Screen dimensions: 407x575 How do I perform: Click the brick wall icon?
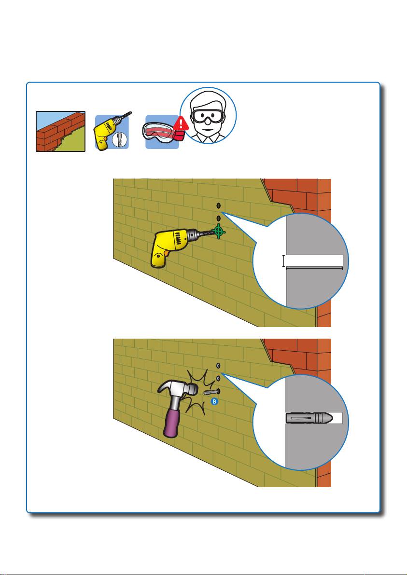(x=60, y=131)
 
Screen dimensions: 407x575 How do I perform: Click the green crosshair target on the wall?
(x=218, y=231)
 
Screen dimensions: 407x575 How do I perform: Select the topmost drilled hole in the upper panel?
(x=218, y=206)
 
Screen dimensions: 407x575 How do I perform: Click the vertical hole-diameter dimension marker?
(x=283, y=261)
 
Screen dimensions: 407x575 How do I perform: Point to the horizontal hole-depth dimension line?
(x=314, y=268)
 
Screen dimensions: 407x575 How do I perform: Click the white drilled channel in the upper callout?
(x=314, y=261)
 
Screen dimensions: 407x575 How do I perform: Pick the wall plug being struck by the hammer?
(x=209, y=392)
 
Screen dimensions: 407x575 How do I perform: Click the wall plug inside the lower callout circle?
(x=310, y=418)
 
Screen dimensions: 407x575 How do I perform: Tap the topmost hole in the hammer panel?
(x=218, y=366)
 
